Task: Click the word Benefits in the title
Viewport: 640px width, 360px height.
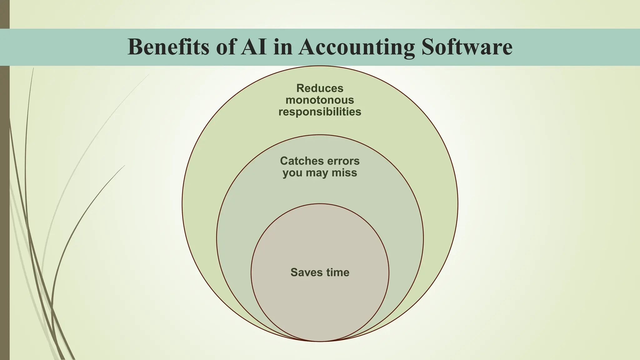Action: pos(168,47)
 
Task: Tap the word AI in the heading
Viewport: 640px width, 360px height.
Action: pos(254,47)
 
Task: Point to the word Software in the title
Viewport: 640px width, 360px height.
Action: pos(467,47)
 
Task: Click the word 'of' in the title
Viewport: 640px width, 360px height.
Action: pos(226,47)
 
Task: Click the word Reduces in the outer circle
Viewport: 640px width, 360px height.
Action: pos(320,88)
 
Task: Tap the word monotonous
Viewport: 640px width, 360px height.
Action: pos(320,100)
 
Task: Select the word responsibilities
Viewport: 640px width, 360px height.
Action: pos(320,112)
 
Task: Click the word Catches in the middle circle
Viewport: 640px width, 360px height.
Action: pos(302,161)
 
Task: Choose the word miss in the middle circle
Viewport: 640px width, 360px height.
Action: pos(344,173)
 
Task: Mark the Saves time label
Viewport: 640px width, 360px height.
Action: pos(320,272)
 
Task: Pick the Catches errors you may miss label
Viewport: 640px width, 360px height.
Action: pos(320,167)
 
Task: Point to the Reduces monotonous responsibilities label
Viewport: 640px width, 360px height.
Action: pos(320,100)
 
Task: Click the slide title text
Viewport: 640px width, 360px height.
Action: pos(320,47)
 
